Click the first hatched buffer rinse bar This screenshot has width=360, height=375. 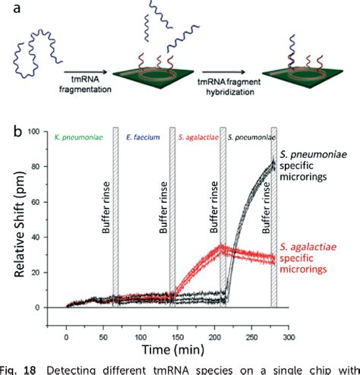[x=115, y=220]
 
